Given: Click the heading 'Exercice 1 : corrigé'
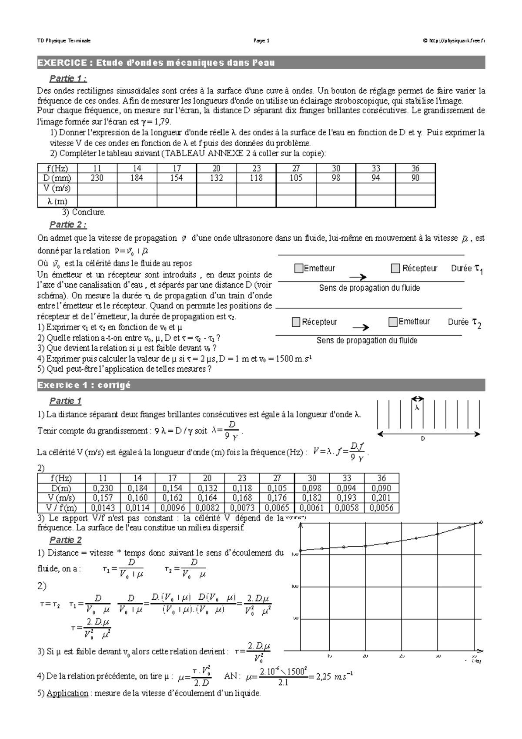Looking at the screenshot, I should click(84, 385).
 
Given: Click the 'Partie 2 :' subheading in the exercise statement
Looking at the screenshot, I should click(68, 225).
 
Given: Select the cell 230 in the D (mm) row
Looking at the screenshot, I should click(97, 178).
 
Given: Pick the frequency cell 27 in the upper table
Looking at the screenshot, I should click(296, 168).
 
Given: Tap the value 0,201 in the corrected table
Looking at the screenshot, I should click(381, 498).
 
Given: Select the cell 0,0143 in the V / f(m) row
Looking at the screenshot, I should click(103, 508).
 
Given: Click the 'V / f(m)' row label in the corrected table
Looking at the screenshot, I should click(61, 508).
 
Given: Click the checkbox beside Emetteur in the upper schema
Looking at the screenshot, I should click(298, 269).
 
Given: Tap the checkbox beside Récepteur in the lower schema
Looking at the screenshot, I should click(296, 322).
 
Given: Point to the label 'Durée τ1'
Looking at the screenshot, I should click(467, 269).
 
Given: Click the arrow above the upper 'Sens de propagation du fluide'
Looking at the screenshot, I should click(358, 277).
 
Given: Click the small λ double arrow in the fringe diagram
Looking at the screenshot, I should click(418, 398).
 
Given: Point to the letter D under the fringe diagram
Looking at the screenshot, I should click(422, 439).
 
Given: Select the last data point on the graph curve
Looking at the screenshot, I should click(481, 522).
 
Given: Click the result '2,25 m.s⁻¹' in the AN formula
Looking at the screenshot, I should click(333, 677).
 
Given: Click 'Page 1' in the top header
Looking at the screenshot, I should click(261, 41).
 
